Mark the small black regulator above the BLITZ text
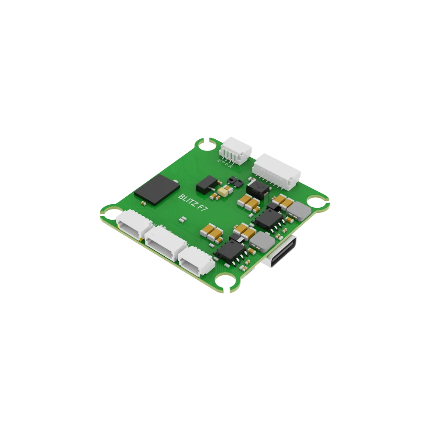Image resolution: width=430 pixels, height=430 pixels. click(206, 184)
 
